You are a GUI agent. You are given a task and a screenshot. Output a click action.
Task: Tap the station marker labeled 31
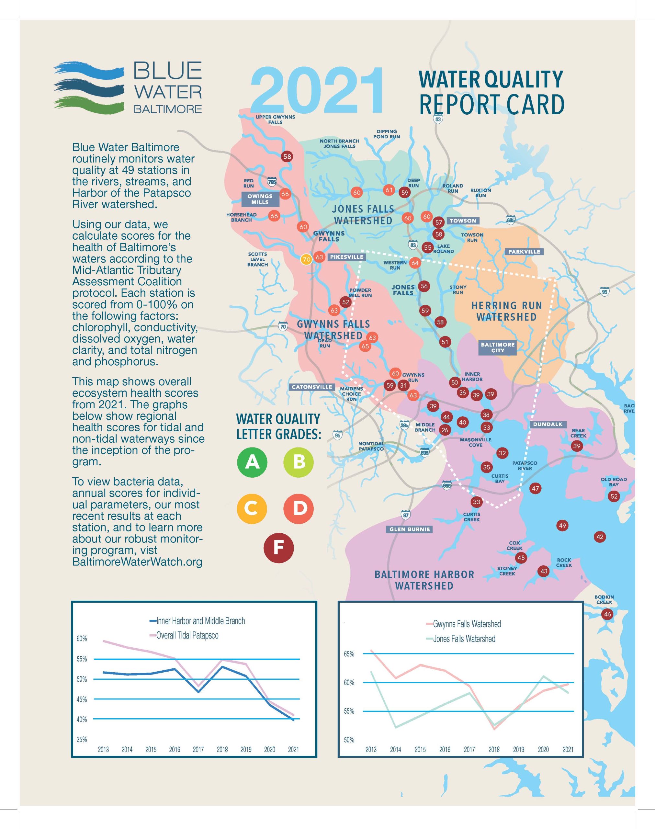point(403,385)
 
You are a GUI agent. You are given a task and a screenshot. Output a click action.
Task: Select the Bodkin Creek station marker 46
point(607,614)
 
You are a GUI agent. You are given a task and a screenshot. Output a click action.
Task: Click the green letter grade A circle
point(252,462)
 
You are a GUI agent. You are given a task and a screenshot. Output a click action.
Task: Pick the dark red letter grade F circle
point(279,548)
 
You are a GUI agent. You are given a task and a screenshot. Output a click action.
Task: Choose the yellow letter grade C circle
point(252,508)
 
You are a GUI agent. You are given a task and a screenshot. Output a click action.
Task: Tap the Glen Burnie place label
point(410,529)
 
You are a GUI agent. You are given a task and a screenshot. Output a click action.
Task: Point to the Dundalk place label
point(548,424)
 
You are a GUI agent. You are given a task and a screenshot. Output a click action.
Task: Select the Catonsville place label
point(312,387)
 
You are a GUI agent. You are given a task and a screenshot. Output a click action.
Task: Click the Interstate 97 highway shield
point(406,515)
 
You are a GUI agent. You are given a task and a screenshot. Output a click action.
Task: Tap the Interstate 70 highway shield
point(283,327)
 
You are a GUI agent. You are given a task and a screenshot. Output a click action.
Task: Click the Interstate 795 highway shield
point(272,182)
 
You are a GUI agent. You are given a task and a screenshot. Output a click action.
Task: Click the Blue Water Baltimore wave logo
point(89,87)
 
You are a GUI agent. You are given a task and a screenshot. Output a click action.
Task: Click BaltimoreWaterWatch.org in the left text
point(137,562)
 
